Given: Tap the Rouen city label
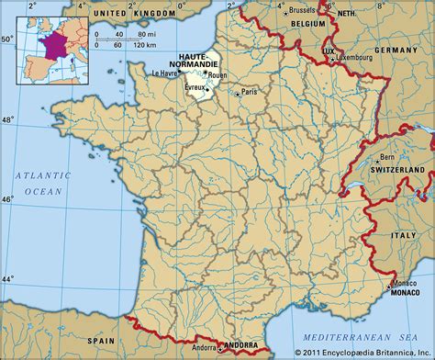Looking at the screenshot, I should [218, 75].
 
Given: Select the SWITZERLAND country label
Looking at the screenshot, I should [396, 171].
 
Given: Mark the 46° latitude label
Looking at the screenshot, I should [8, 199].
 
